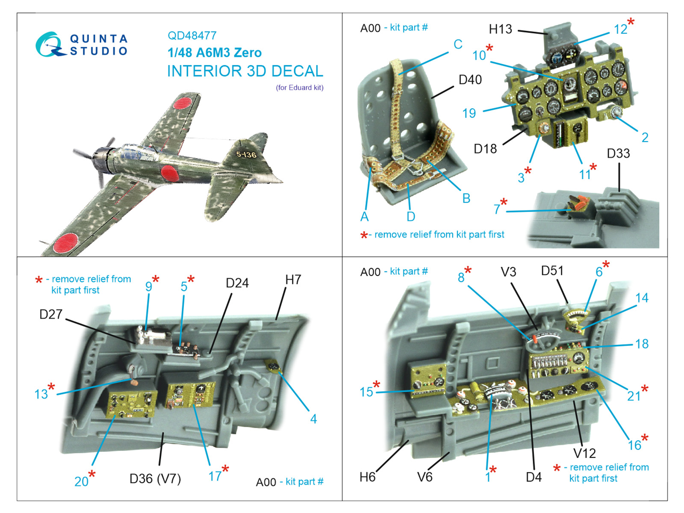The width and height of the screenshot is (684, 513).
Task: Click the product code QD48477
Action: coord(192,35)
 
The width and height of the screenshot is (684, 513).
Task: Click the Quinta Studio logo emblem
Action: coord(49,44)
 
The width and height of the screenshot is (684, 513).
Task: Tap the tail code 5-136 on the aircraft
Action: coord(246,154)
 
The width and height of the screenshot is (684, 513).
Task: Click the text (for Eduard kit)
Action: coord(299,88)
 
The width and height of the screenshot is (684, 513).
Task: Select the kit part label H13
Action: coord(500,29)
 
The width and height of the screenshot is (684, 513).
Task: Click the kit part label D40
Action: coord(470,80)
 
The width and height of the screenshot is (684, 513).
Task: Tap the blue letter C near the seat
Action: coord(458,44)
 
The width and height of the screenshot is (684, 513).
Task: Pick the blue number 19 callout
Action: coord(469,113)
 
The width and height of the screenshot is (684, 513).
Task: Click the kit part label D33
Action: coord(618,153)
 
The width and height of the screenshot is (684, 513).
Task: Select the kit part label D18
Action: coord(485,148)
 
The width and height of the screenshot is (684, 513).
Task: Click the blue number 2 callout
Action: coord(645,137)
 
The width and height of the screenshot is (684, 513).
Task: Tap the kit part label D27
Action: coord(51,314)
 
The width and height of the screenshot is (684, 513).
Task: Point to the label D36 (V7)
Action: coord(155,478)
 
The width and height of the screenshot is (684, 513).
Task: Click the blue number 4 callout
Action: coord(313,419)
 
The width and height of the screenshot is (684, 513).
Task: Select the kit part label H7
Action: coord(293,280)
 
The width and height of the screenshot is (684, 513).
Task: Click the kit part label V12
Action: coord(584,453)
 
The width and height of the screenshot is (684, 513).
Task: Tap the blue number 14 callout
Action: coord(642,298)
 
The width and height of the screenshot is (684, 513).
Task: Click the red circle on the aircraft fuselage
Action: coord(170,173)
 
